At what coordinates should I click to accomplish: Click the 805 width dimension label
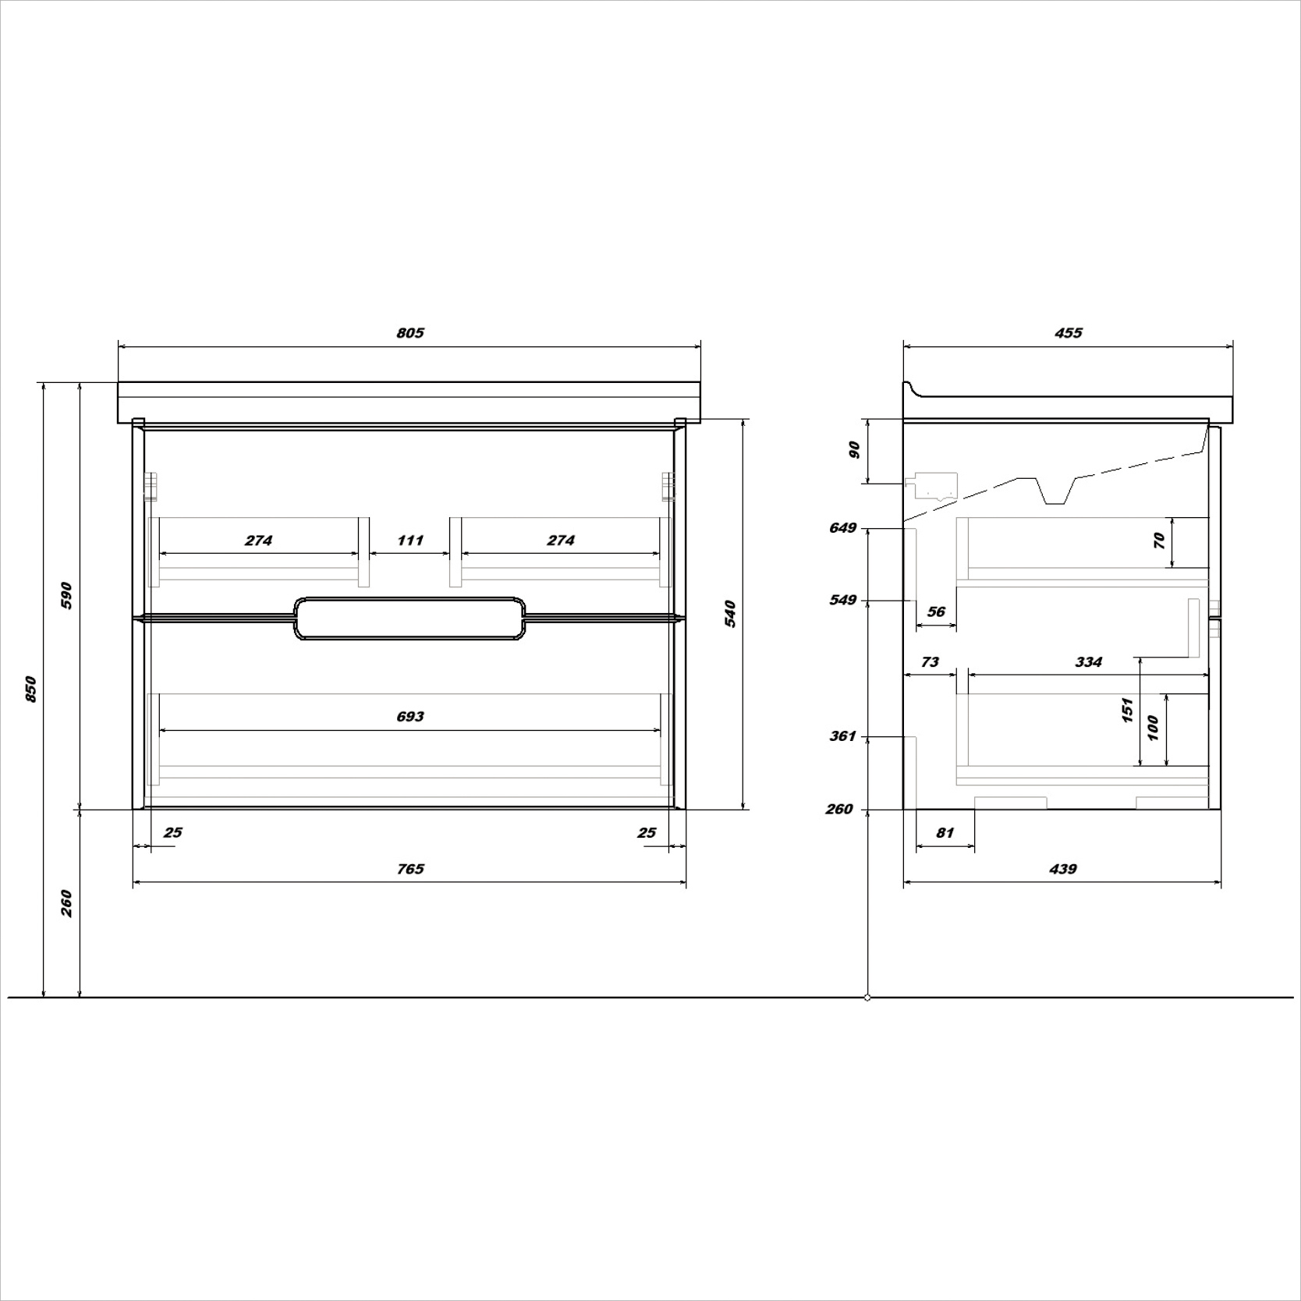pyautogui.click(x=410, y=333)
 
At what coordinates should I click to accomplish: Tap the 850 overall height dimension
pyautogui.click(x=31, y=689)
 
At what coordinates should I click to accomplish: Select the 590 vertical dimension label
pyautogui.click(x=67, y=596)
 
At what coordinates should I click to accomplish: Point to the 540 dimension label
pyautogui.click(x=730, y=614)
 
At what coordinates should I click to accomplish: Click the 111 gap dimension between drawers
pyautogui.click(x=410, y=541)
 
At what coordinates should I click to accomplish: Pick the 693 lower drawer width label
pyautogui.click(x=410, y=717)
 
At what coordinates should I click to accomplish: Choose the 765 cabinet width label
pyautogui.click(x=410, y=869)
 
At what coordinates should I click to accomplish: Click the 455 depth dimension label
pyautogui.click(x=1069, y=333)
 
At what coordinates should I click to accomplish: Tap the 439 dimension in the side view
pyautogui.click(x=1063, y=869)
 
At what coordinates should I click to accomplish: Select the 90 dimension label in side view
pyautogui.click(x=854, y=450)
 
